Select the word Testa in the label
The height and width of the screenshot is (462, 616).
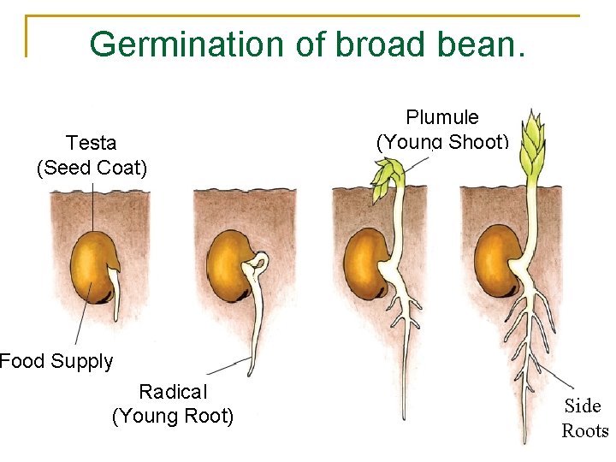[x=92, y=142]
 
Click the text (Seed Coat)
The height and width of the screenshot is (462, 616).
[x=92, y=168]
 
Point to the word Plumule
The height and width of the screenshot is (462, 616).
[x=442, y=117]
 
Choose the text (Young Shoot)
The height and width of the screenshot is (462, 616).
[x=442, y=142]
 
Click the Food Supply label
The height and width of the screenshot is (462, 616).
[x=56, y=361]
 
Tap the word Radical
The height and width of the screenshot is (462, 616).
[x=173, y=392]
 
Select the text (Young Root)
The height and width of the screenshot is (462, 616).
[x=173, y=417]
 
